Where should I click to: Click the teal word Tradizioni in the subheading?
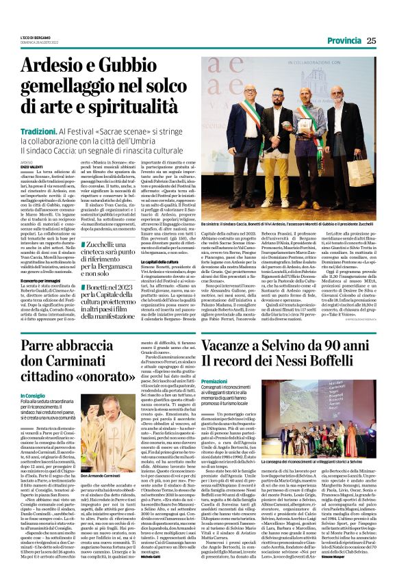(57, 111)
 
